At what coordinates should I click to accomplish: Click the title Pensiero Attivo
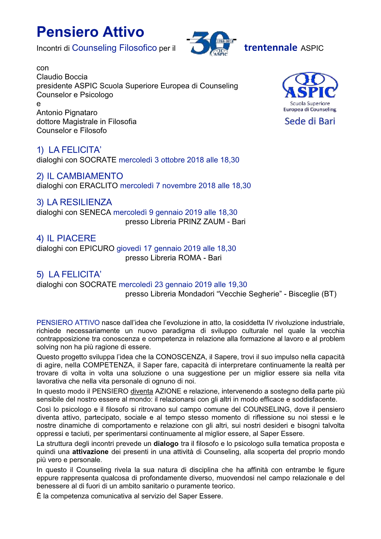tap(90, 32)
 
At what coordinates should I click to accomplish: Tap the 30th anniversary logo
tap(211, 43)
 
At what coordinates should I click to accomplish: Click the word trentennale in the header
tap(270, 48)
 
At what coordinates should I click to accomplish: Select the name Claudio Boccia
tap(62, 77)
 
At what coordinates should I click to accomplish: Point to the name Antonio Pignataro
tap(67, 113)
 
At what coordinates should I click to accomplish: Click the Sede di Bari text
tap(310, 121)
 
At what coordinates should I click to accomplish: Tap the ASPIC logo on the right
tap(310, 86)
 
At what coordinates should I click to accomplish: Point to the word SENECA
tap(95, 212)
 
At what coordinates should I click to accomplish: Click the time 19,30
tap(238, 285)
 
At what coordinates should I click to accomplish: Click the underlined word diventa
tap(142, 391)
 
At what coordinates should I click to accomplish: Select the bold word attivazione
tap(90, 452)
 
